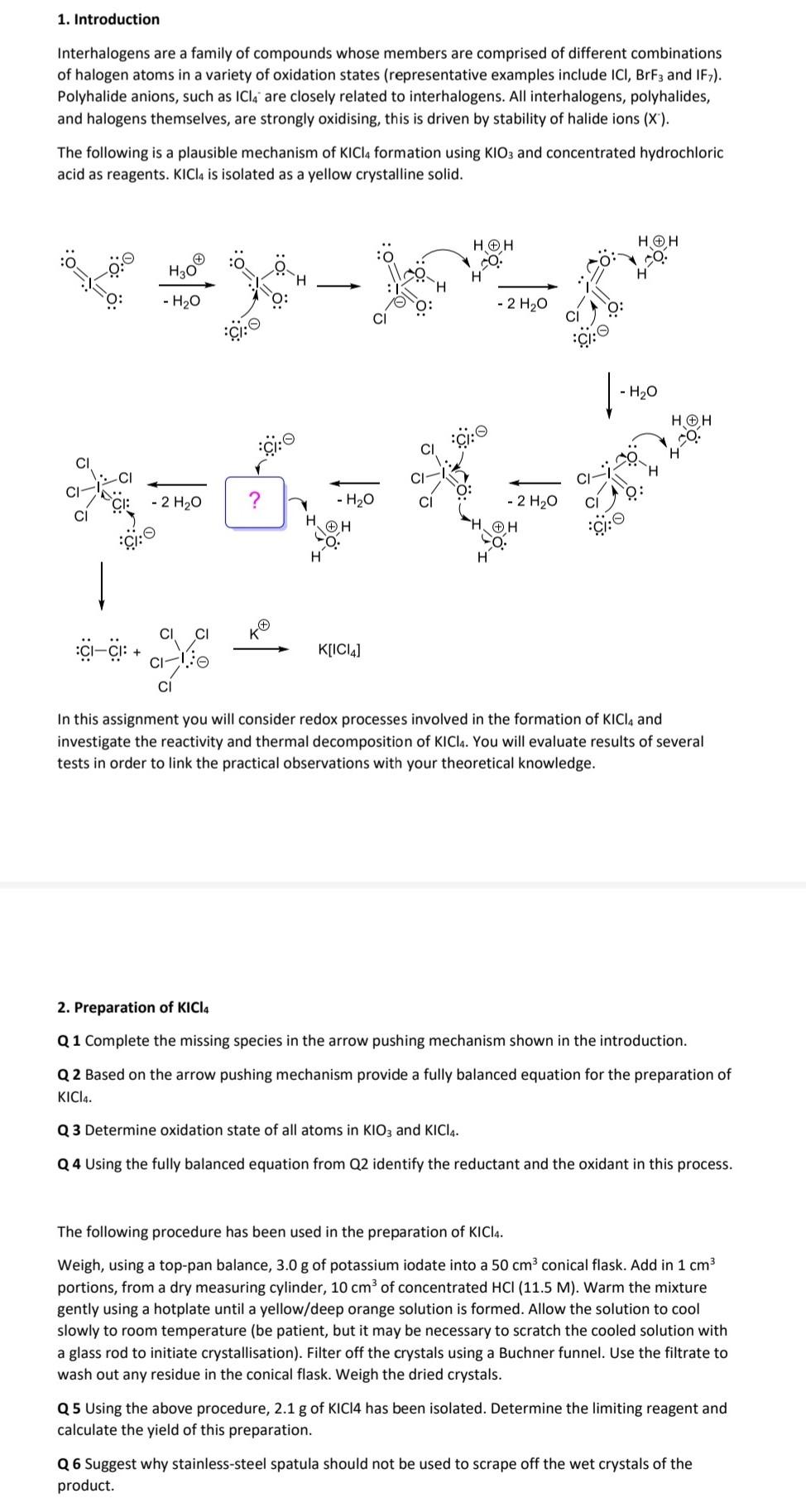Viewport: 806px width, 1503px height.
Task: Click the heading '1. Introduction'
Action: [108, 19]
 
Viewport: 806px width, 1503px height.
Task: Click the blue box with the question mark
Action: [255, 500]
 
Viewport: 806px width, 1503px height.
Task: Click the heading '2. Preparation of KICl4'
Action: [133, 1007]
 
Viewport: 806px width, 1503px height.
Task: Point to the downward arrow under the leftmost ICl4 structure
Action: [102, 585]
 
